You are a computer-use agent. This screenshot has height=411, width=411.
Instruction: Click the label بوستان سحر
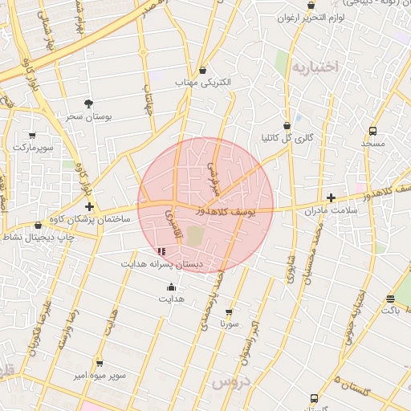pyautogui.click(x=89, y=116)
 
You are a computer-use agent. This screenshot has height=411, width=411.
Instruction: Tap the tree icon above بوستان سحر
pyautogui.click(x=88, y=104)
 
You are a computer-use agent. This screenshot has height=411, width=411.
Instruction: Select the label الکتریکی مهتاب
pyautogui.click(x=202, y=83)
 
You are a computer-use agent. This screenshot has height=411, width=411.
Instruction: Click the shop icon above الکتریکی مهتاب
pyautogui.click(x=202, y=71)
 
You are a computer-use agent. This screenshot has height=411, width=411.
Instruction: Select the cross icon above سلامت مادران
pyautogui.click(x=330, y=197)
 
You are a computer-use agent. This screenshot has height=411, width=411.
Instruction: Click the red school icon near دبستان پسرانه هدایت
pyautogui.click(x=162, y=251)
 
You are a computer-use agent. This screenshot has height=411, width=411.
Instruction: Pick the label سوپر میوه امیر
pyautogui.click(x=96, y=375)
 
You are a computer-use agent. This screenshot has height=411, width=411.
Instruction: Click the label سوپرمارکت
pyautogui.click(x=33, y=148)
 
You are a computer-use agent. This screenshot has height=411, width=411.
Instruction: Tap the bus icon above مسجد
pyautogui.click(x=372, y=131)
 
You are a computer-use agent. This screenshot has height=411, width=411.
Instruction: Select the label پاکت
pyautogui.click(x=390, y=310)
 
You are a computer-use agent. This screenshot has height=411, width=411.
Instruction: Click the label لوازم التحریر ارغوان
pyautogui.click(x=311, y=18)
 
